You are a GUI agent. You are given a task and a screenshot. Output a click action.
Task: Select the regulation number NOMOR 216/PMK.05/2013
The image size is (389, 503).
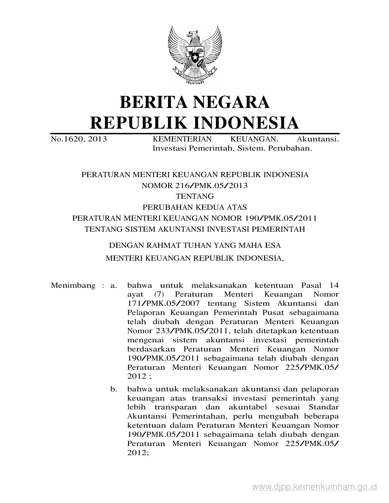pyautogui.click(x=195, y=185)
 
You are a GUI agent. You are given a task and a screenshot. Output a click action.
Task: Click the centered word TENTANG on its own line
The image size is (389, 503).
pyautogui.click(x=195, y=196)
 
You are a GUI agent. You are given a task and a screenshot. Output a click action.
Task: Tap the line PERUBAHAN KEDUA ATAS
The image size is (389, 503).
pyautogui.click(x=195, y=207)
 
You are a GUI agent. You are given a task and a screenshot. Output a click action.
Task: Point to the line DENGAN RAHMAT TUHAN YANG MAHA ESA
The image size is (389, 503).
pyautogui.click(x=195, y=245)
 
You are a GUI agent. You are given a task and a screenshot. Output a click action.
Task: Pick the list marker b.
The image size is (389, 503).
pyautogui.click(x=114, y=389)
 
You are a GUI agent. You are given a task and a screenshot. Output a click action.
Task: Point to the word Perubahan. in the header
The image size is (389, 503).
pyautogui.click(x=290, y=148)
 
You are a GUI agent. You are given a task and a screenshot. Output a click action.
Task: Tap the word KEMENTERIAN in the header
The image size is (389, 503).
pyautogui.click(x=182, y=139)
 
